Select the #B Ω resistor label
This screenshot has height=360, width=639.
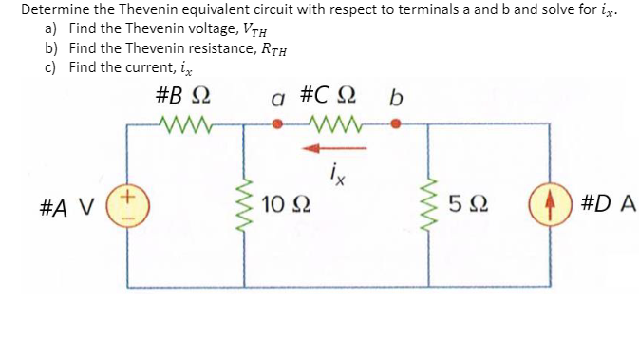[181, 96]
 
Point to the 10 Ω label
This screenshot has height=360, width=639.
[286, 203]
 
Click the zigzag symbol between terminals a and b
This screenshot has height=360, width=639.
[333, 123]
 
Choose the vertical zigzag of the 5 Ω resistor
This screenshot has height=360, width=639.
[434, 203]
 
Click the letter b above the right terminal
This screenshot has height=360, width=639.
[396, 98]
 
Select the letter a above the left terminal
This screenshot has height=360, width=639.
[277, 98]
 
